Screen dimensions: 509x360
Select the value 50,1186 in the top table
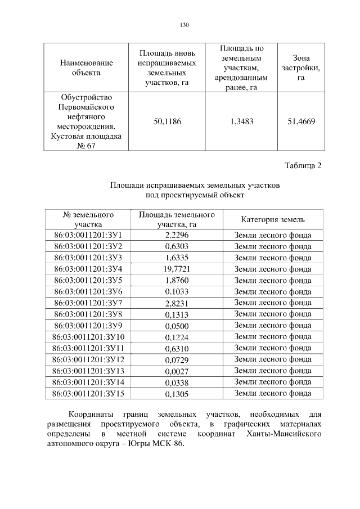tap(167, 121)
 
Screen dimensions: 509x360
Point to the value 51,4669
tap(301, 121)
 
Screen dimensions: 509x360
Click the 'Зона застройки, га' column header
tap(301, 67)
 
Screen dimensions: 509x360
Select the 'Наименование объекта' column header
tap(86, 67)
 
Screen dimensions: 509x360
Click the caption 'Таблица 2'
tap(303, 165)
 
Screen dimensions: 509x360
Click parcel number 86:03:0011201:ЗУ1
tap(88, 235)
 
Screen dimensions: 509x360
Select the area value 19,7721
tap(177, 269)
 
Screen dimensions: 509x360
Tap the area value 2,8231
tap(177, 303)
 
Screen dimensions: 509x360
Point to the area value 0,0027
tap(177, 371)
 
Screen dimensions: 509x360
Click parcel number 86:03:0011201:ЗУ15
tap(88, 393)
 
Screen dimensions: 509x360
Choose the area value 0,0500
tap(177, 326)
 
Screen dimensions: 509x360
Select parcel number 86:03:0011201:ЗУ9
tap(88, 326)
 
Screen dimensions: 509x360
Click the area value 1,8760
tap(177, 280)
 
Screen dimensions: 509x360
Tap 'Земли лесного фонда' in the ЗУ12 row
tap(273, 359)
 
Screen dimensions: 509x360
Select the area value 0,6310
tap(177, 348)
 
